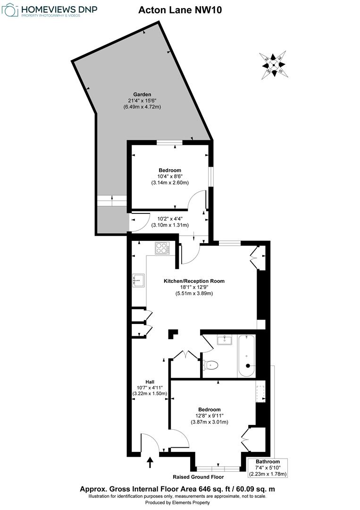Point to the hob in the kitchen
(x=162, y=248)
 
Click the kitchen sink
(x=139, y=280)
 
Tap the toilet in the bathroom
(x=211, y=365)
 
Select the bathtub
(x=247, y=355)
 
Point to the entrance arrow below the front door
(x=151, y=462)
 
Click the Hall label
(x=150, y=382)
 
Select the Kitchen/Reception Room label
(x=194, y=281)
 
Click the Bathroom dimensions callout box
(x=268, y=467)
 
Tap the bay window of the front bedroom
(x=218, y=469)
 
